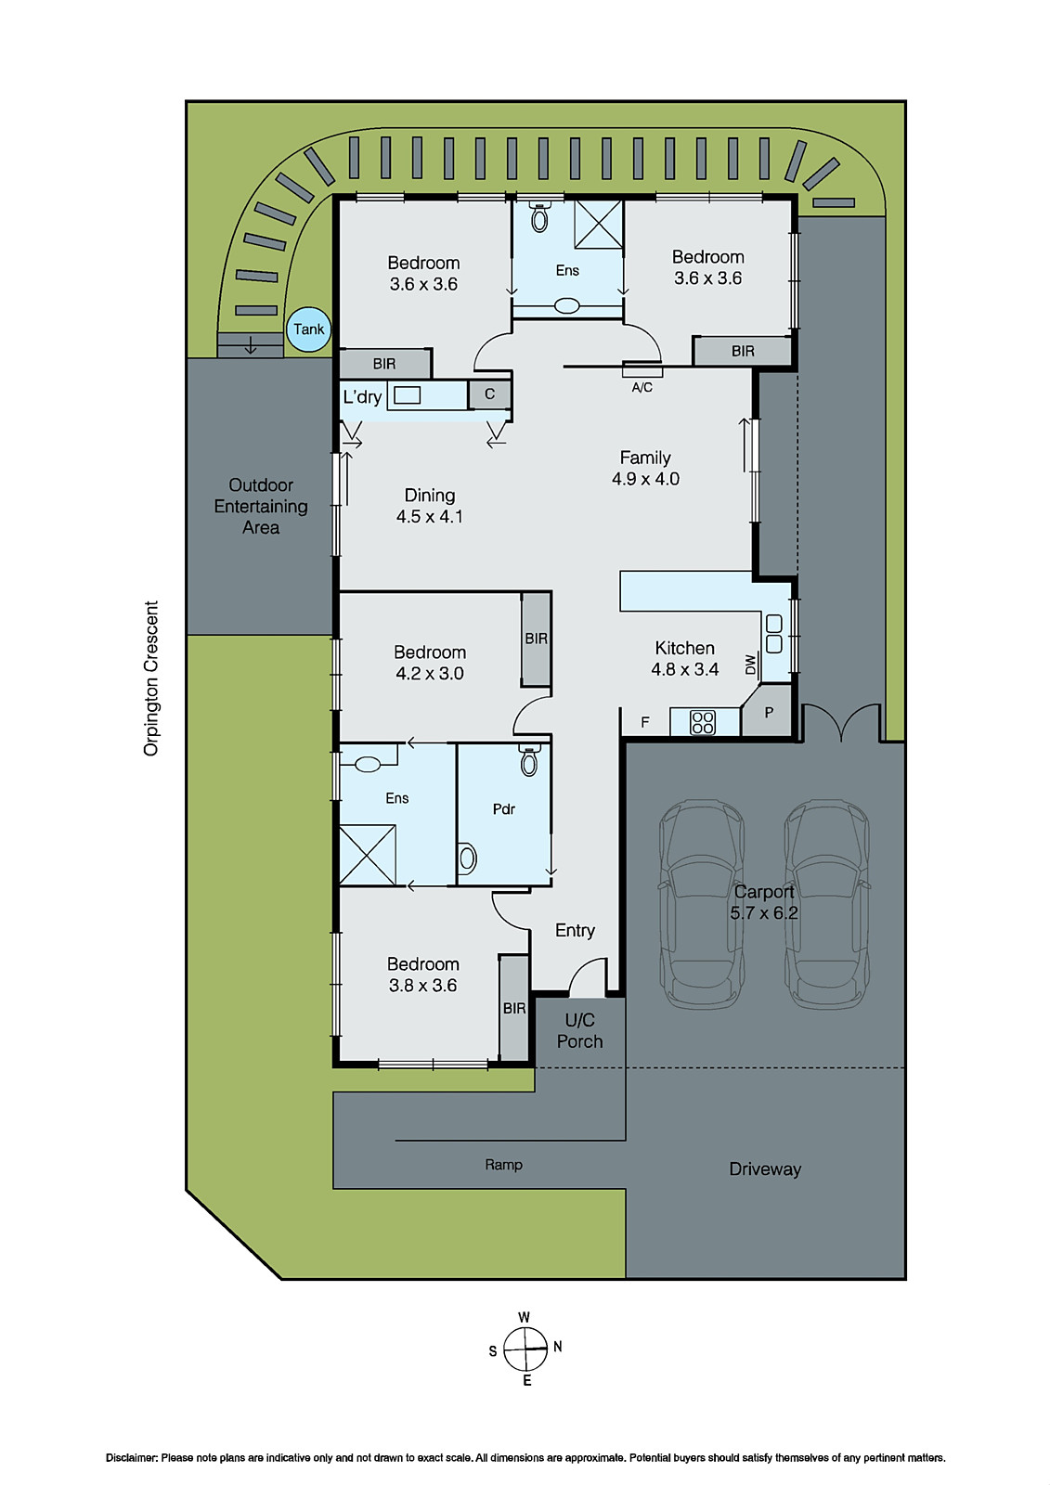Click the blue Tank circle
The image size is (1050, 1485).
[x=309, y=329]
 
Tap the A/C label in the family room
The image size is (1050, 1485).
[x=642, y=387]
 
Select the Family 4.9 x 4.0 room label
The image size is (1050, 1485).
[x=645, y=468]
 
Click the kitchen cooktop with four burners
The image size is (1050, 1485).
[x=703, y=722]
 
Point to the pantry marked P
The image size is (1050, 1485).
[x=769, y=713]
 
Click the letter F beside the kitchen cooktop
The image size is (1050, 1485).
[x=645, y=722]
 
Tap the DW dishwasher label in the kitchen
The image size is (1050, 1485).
[x=750, y=665]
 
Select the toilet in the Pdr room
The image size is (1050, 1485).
[x=529, y=762]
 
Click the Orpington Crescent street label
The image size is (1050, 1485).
[x=151, y=678]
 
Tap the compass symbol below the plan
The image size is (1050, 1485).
[x=525, y=1349]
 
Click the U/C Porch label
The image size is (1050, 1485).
[x=579, y=1030]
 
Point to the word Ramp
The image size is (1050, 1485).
[x=503, y=1164]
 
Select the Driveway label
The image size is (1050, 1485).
[x=764, y=1169]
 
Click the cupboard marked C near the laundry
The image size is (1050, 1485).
[x=489, y=394]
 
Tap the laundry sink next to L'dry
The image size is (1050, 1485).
[x=407, y=395]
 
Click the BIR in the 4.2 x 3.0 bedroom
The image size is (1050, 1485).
[x=536, y=639]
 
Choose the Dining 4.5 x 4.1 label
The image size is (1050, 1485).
[x=429, y=506]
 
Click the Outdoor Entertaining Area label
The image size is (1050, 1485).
[x=261, y=506]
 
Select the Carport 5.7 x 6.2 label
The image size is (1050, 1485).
[x=763, y=902]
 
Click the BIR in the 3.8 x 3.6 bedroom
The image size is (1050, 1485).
[x=513, y=1008]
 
